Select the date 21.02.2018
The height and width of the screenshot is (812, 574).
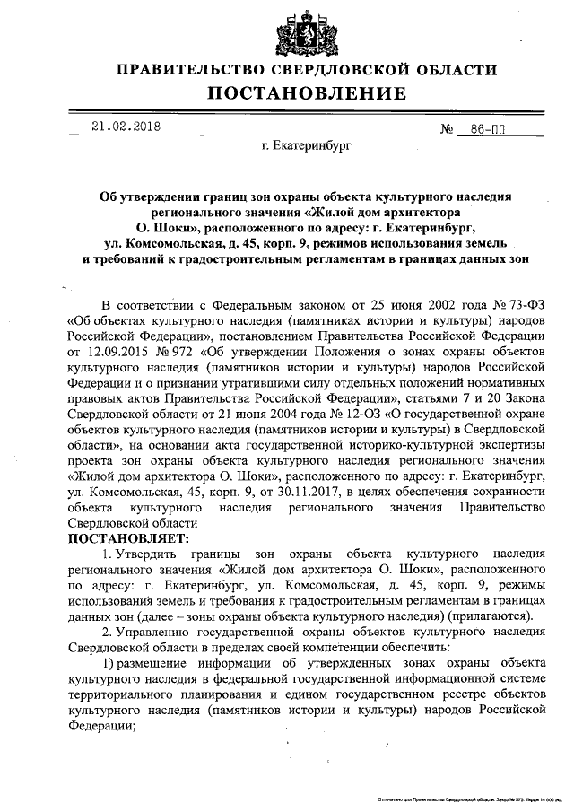coord(125,127)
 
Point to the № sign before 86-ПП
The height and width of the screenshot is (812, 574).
coord(448,130)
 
